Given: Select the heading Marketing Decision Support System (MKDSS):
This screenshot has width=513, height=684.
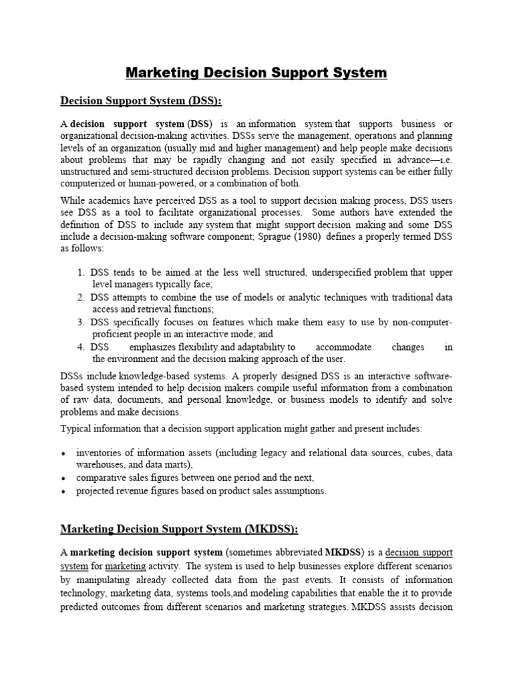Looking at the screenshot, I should coord(179,529).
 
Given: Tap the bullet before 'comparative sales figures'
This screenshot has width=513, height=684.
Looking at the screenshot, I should coord(62,479).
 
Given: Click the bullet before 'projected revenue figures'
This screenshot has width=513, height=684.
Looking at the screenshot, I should coord(62,492).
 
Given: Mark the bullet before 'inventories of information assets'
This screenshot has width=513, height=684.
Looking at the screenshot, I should coord(62,454).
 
